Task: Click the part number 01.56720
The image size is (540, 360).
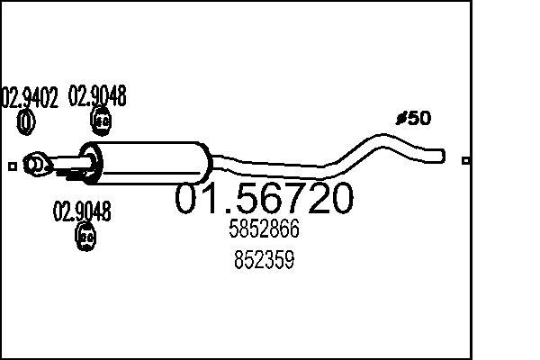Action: (x=264, y=200)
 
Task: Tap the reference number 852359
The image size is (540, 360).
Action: (x=264, y=261)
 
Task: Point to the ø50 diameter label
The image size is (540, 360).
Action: (x=413, y=118)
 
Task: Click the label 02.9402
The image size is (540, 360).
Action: (x=31, y=97)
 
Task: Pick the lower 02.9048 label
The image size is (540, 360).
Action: (x=82, y=213)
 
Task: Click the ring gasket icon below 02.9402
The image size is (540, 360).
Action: (x=27, y=120)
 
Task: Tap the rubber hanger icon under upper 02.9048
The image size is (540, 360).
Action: (x=103, y=120)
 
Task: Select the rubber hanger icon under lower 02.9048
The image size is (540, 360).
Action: (x=85, y=238)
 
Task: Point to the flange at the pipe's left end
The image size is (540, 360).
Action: (x=35, y=165)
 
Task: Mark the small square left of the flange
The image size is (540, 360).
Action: (x=12, y=166)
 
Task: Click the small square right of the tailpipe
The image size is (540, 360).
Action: (x=465, y=161)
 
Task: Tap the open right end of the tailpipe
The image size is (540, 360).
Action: (x=442, y=156)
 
